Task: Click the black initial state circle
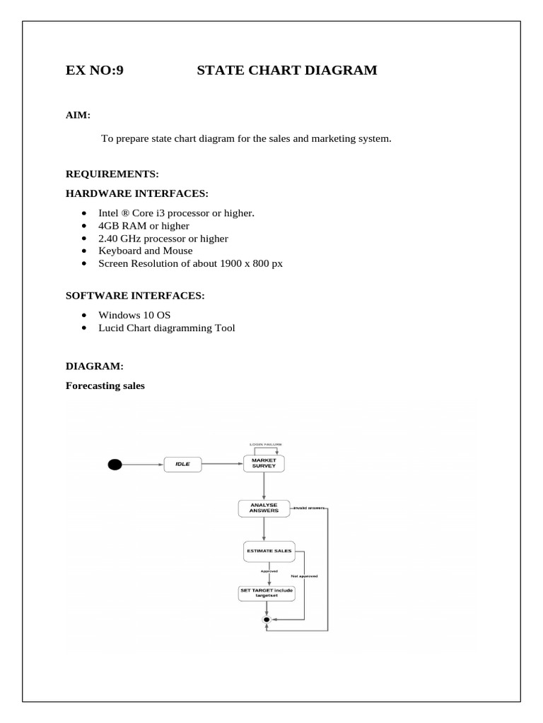point(115,464)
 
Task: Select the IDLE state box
point(183,464)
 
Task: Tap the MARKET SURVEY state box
point(264,463)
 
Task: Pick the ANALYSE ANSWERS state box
point(264,508)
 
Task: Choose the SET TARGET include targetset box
point(267,592)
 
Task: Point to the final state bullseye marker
point(267,619)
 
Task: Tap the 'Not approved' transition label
point(304,576)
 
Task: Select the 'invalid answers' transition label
point(310,508)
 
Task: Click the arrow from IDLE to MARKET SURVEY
point(221,464)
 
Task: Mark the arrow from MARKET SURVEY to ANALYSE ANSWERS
point(264,485)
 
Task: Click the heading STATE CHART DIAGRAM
point(286,71)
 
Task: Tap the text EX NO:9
point(94,71)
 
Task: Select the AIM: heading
point(78,114)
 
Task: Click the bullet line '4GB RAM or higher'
point(144,226)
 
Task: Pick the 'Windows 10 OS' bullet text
point(134,314)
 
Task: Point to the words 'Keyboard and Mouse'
point(145,251)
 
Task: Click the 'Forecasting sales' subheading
point(105,386)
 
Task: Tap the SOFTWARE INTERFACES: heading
point(135,295)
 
